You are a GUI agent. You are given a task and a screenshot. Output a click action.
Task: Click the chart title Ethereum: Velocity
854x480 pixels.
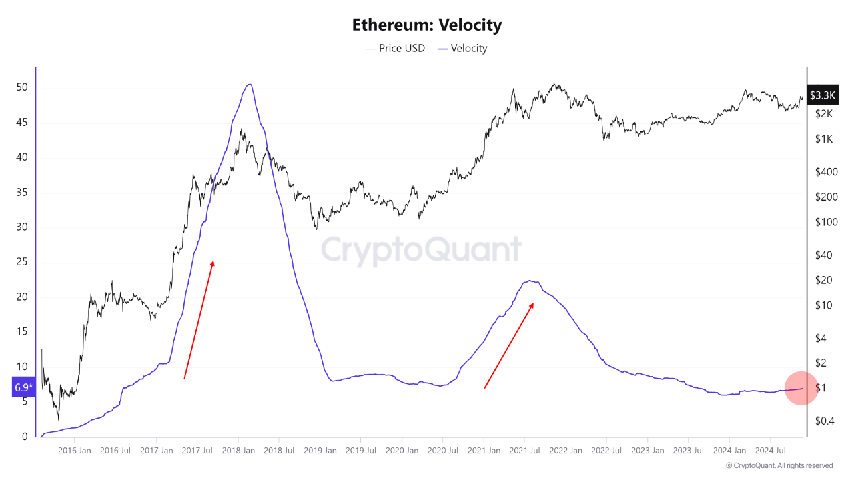(x=426, y=25)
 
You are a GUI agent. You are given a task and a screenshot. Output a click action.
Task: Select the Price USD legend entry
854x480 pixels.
(x=395, y=48)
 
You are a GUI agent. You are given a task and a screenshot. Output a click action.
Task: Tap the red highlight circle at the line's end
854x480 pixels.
(x=801, y=388)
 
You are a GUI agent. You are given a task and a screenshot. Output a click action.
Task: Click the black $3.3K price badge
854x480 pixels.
(x=821, y=95)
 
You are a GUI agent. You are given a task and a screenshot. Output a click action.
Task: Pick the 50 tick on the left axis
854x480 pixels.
(x=22, y=88)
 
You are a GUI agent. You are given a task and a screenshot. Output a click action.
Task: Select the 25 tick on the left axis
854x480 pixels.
(x=22, y=263)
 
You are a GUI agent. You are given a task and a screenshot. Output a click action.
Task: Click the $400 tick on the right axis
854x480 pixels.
(x=826, y=172)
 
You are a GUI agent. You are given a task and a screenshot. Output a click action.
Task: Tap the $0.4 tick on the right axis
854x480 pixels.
(x=826, y=421)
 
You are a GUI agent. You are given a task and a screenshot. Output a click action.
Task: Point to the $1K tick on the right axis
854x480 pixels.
(x=824, y=139)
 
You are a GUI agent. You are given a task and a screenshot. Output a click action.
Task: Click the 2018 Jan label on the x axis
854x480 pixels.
(x=239, y=451)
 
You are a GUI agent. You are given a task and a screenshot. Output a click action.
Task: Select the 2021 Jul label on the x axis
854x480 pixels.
(x=525, y=451)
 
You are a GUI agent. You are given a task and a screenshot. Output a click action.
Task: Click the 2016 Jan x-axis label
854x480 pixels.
(x=75, y=451)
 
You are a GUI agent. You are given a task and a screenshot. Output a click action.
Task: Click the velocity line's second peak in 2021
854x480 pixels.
(x=530, y=281)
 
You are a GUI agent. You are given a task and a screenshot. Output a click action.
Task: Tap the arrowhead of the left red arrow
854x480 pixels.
(x=213, y=262)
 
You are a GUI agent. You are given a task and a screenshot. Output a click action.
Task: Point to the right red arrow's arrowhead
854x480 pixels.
(x=533, y=304)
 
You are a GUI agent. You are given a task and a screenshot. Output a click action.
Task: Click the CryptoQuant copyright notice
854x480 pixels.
(x=779, y=465)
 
